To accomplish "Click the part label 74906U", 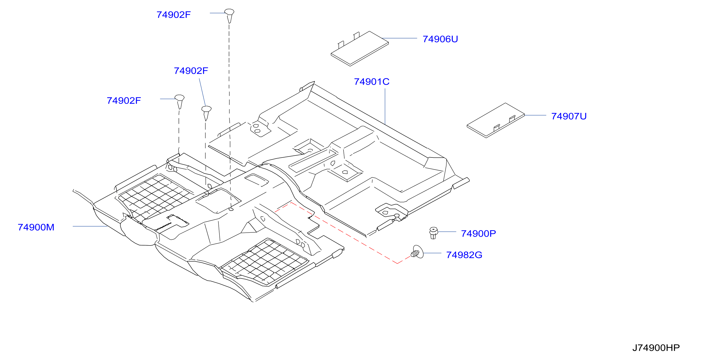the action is [440, 39].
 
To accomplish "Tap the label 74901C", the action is [372, 82].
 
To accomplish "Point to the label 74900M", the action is [36, 227].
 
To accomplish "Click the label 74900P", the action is [478, 233].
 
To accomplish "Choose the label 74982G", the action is [464, 255].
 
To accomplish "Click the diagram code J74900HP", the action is [656, 348].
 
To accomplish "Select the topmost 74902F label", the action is [173, 15].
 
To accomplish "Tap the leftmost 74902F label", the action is [124, 100].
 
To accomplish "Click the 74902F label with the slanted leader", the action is [191, 71].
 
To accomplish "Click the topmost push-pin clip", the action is [229, 16].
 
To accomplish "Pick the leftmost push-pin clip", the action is [179, 102].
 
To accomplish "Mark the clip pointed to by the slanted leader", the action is [206, 113].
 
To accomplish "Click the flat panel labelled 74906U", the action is [360, 49].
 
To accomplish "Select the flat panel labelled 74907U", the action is [496, 121].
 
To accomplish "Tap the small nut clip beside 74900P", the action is [433, 233].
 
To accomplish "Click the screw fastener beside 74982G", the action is [417, 252].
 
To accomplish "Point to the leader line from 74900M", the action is [90, 226].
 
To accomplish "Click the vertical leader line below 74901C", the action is [385, 106].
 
